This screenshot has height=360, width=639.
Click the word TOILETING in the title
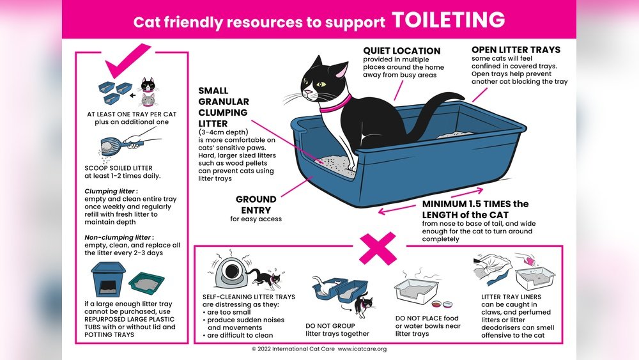click(449, 20)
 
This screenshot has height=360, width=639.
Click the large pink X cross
click(378, 248)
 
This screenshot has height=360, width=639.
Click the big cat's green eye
click(321, 84)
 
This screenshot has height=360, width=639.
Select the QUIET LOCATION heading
click(401, 51)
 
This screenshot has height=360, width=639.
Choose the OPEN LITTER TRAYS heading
click(516, 50)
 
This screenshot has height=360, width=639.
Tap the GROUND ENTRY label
click(256, 205)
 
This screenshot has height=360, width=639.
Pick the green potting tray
click(147, 283)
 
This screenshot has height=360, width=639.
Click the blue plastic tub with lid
click(108, 279)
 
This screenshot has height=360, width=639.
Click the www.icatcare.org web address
click(362, 349)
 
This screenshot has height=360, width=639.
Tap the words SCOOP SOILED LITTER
click(119, 168)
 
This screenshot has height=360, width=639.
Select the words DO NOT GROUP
click(330, 325)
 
